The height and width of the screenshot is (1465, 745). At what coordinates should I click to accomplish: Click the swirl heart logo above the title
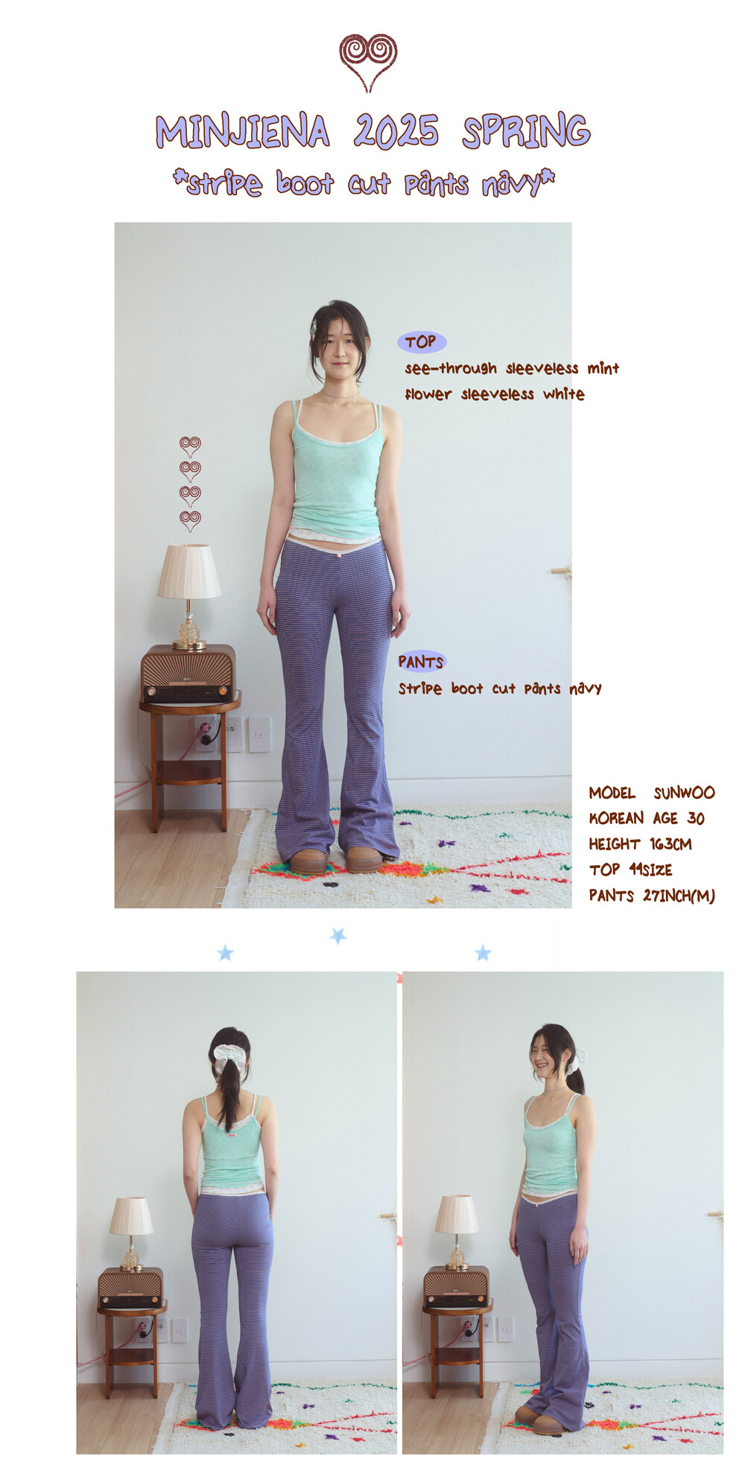tap(368, 61)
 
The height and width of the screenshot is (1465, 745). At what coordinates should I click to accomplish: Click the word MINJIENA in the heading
tap(242, 132)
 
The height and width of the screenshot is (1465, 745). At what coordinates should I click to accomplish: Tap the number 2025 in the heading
tap(396, 131)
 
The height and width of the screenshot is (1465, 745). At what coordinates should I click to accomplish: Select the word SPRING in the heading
tap(526, 132)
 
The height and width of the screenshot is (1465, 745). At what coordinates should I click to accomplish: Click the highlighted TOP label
tap(422, 342)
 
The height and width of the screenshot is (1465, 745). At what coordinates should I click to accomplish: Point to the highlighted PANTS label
tap(421, 662)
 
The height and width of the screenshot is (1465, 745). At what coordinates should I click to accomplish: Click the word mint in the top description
tap(603, 368)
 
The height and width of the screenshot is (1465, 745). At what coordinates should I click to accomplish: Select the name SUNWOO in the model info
tap(684, 793)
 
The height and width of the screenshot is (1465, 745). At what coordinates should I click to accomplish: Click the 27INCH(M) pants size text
tap(679, 896)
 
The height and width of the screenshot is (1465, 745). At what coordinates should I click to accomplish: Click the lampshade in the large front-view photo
tap(188, 571)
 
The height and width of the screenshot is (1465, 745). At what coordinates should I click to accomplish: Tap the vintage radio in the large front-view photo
tap(188, 674)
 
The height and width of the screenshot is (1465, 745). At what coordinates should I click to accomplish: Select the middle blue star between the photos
tap(338, 935)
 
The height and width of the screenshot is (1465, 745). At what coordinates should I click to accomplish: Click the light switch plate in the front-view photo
tap(259, 734)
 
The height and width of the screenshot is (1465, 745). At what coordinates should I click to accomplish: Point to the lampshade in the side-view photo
tap(457, 1215)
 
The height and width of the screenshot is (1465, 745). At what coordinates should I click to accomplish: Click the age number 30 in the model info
tap(696, 818)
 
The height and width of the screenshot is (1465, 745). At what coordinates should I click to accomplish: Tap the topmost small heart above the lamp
tap(190, 446)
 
